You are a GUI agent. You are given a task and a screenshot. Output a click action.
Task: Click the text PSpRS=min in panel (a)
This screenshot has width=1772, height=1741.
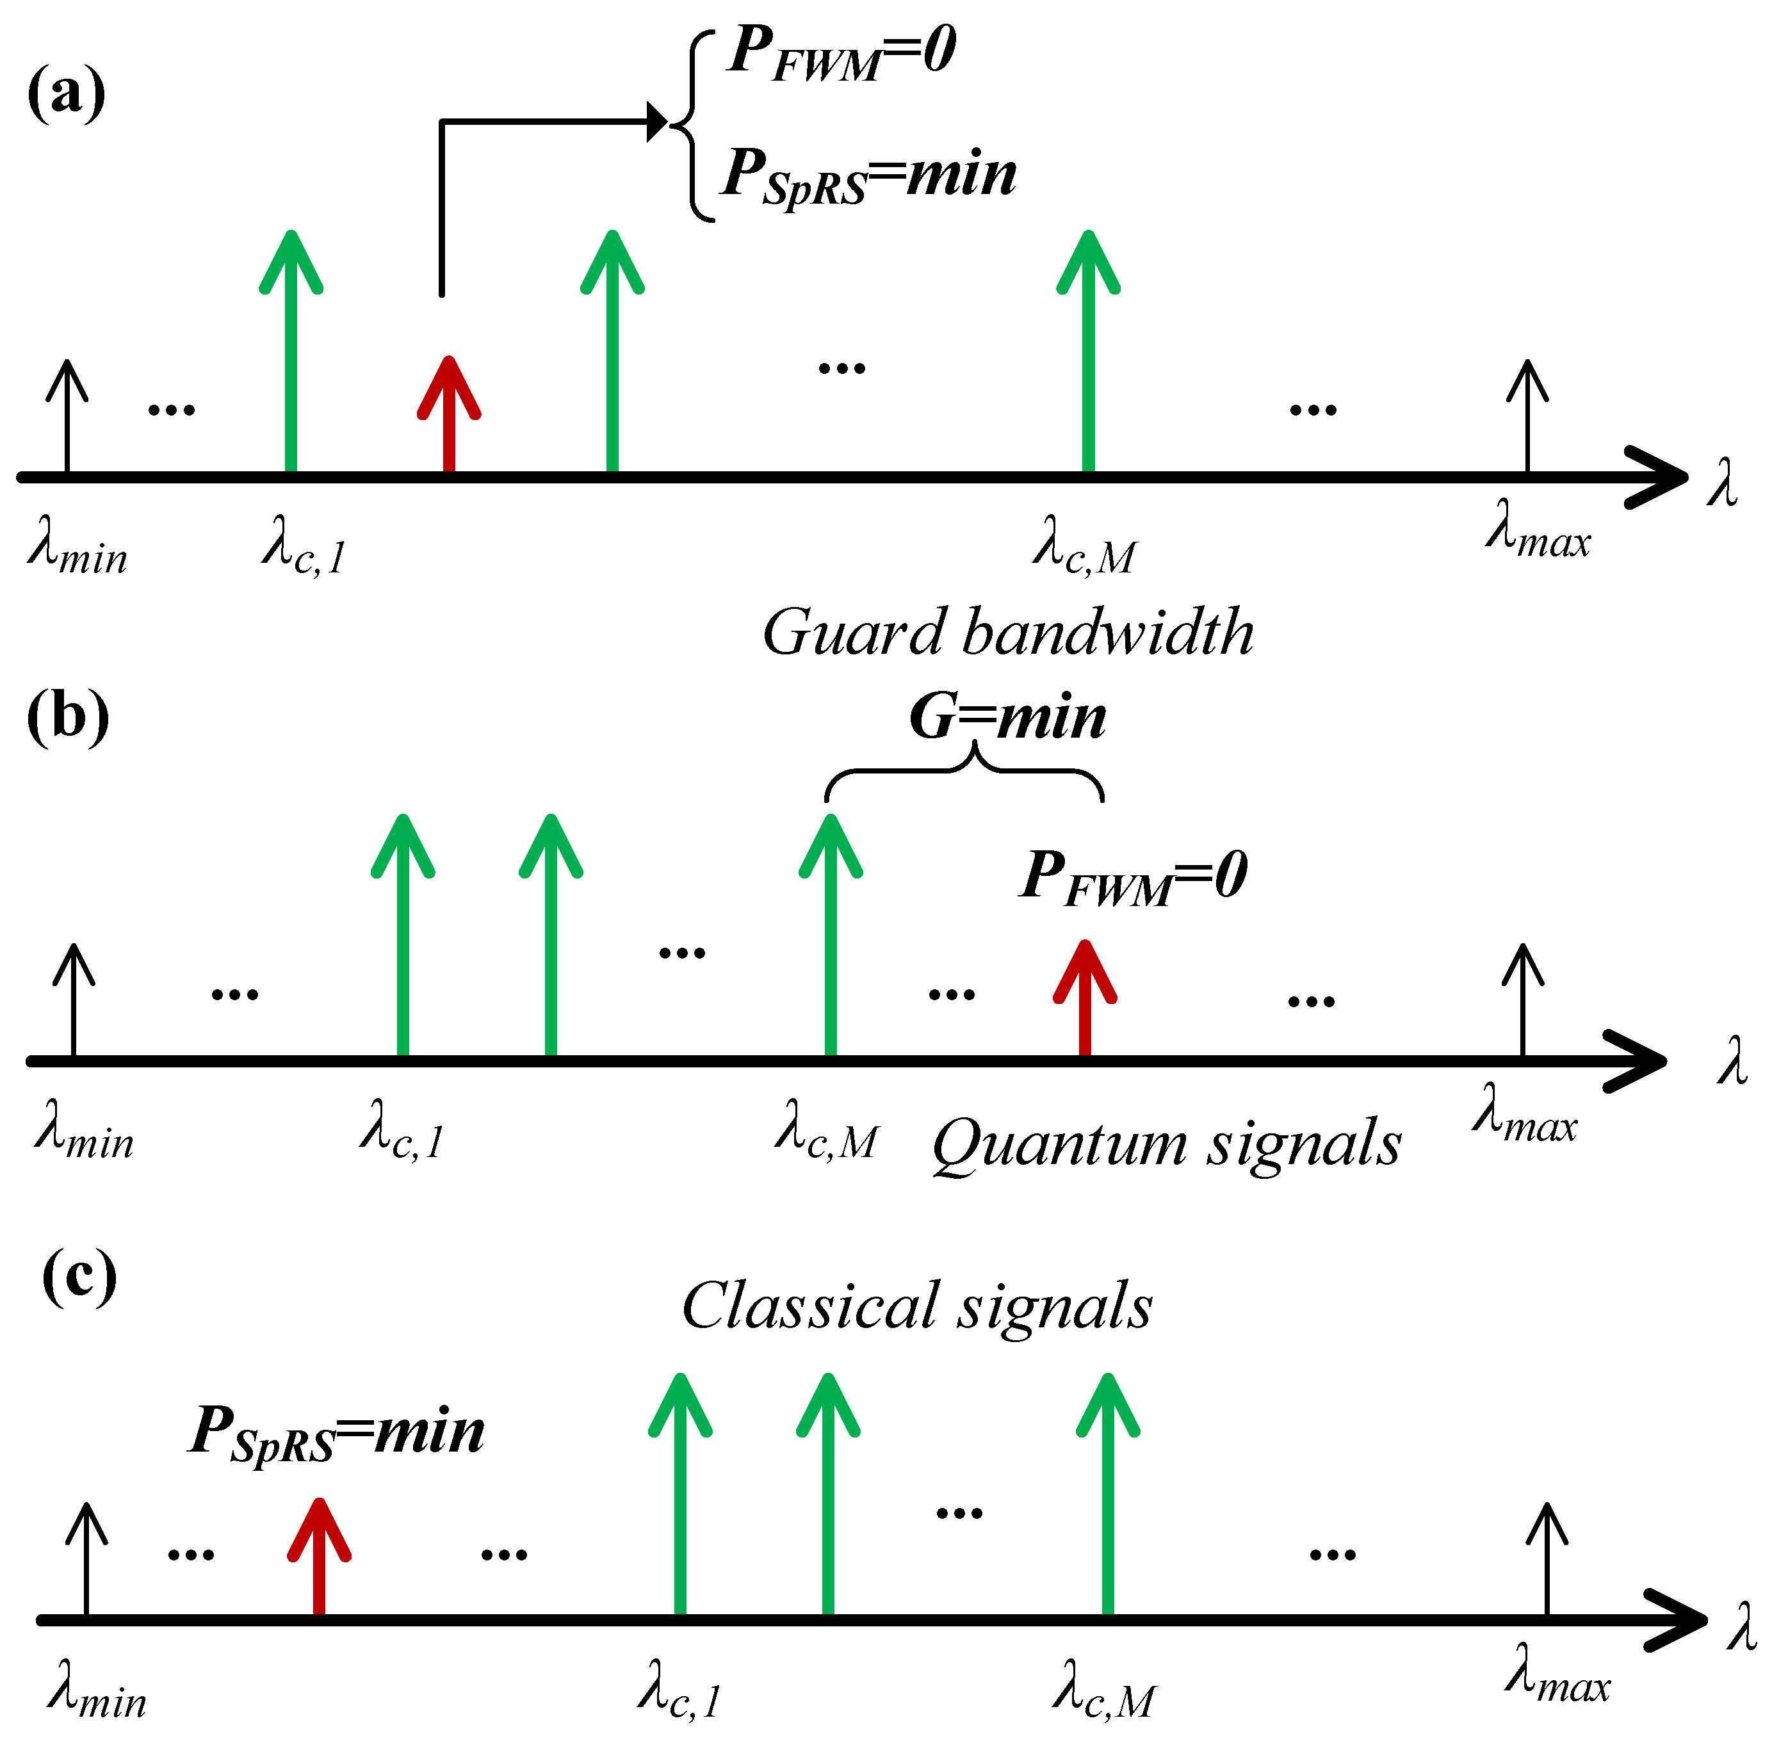868,175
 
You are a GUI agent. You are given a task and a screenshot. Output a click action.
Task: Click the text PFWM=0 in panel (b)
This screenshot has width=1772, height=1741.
1133,876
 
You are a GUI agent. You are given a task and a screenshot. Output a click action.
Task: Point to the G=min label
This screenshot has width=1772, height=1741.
1007,717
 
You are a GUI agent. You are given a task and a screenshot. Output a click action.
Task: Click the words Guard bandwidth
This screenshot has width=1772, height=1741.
1007,633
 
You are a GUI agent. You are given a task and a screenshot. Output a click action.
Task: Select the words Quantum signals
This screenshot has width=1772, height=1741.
1166,1145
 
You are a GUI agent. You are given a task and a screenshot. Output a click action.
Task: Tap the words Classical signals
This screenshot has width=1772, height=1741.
917,1306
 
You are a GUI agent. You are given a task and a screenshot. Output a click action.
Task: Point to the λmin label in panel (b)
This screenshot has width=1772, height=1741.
84,1134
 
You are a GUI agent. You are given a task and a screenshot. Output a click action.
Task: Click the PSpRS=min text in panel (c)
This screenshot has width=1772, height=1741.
336,1432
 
